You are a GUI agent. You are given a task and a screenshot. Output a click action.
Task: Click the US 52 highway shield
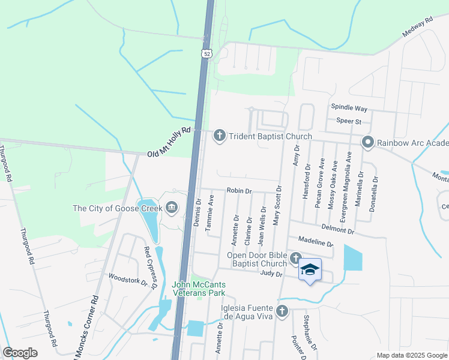(206, 54)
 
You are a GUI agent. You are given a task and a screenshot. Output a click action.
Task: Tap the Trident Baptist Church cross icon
(220, 136)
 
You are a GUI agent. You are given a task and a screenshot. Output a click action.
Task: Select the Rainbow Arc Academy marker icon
(368, 142)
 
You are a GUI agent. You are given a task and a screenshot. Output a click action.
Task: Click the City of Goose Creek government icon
(172, 208)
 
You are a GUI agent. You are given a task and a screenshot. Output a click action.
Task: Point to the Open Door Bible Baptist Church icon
(295, 258)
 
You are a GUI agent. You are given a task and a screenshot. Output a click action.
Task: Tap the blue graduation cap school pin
(310, 270)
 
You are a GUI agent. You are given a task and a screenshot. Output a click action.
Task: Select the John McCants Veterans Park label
(199, 289)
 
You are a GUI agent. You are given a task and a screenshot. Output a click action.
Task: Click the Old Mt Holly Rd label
(169, 142)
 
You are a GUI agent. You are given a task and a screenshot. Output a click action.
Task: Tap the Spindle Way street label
(349, 108)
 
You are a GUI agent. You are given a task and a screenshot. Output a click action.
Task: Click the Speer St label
(348, 121)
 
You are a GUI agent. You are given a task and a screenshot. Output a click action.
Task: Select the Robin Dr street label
(238, 190)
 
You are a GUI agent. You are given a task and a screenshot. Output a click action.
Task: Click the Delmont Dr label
(338, 229)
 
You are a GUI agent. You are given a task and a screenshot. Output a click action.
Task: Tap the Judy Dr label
(271, 274)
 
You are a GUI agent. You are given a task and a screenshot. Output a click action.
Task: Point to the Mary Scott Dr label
(277, 205)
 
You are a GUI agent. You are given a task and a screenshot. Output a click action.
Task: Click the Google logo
(20, 353)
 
